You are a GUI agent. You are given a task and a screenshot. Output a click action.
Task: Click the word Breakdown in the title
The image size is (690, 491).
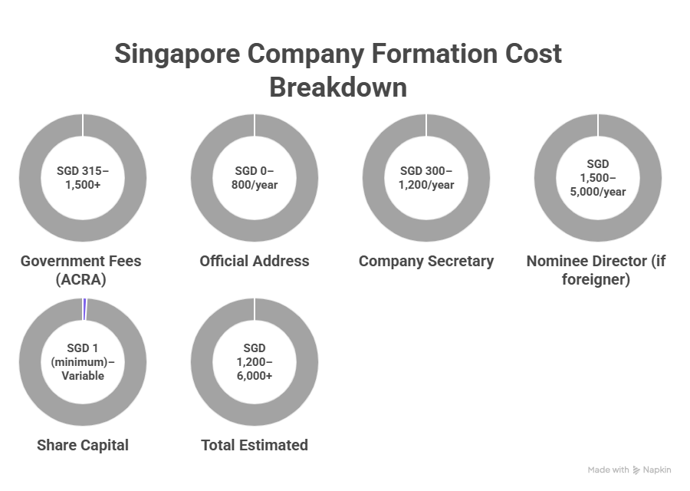337,87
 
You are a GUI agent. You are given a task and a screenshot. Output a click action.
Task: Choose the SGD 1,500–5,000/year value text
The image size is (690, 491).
598,177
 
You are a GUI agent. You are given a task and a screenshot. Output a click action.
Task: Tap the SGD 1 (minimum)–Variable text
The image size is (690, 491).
83,361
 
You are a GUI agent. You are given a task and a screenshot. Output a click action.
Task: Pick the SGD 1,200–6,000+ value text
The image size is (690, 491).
255,361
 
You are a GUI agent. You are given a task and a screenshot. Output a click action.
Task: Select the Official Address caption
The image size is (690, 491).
255,261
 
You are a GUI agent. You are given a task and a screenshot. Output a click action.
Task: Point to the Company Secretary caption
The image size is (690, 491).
426,261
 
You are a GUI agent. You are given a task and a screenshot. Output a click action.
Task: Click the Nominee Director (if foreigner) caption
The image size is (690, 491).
596,270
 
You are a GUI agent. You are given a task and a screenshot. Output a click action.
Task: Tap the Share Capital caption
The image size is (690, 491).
83,445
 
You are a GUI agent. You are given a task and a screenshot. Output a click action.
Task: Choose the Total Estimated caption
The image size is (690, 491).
255,445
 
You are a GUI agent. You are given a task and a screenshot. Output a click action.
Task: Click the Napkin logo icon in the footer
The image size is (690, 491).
636,470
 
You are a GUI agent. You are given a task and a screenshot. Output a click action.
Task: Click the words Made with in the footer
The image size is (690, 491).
609,470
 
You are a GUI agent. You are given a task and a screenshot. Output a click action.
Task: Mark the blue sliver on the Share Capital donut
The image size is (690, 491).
84,307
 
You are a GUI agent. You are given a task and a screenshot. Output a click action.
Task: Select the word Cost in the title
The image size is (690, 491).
530,54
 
